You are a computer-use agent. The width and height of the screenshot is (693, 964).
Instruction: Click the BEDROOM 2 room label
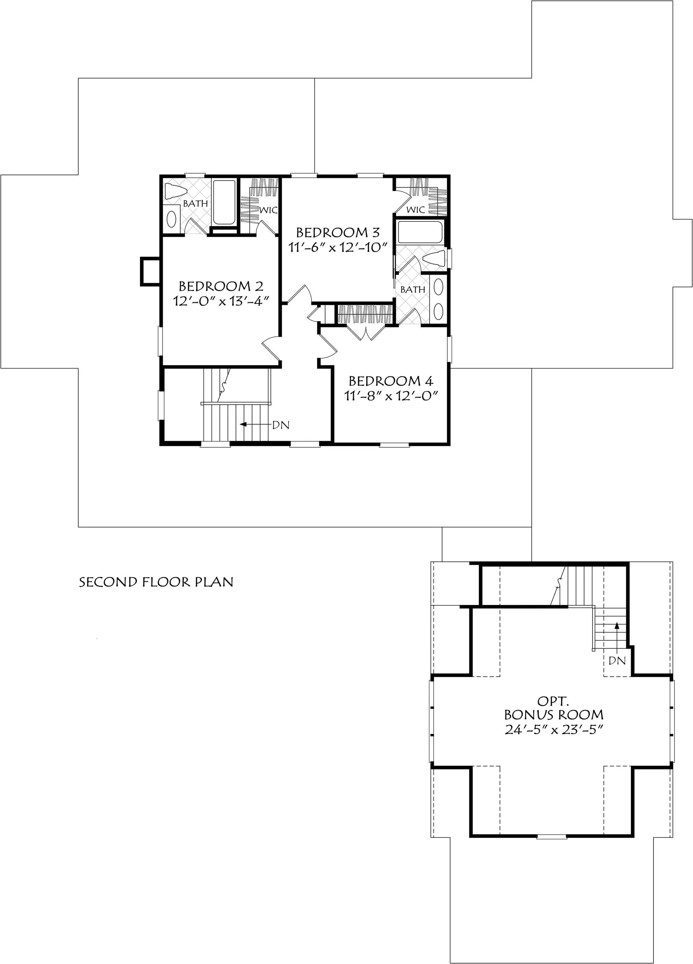221,286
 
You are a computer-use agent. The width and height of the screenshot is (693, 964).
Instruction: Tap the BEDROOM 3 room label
337,233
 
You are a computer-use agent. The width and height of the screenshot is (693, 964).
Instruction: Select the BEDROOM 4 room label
391,380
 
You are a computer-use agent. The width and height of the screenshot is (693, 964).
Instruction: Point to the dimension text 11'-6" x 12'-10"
339,247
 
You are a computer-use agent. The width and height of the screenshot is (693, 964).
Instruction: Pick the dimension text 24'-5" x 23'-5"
554,729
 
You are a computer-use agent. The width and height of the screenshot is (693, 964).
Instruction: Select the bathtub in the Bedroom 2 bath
224,202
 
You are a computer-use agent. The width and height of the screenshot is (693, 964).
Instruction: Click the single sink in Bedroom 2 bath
171,220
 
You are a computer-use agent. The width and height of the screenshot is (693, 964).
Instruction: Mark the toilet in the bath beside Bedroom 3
434,258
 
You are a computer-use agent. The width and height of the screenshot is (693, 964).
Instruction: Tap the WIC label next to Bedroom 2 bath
269,210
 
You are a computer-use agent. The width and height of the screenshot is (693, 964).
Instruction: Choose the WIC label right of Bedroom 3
415,210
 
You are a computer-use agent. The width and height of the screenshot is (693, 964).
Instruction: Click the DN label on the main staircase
281,424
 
